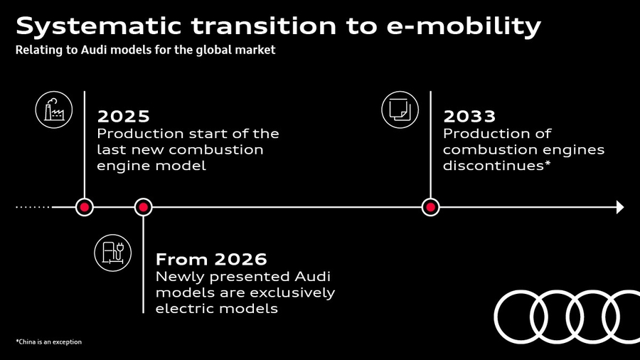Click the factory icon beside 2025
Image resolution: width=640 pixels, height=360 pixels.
click(x=54, y=110)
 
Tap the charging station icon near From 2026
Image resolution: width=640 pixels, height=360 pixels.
click(x=112, y=253)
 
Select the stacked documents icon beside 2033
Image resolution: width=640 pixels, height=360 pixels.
click(x=400, y=110)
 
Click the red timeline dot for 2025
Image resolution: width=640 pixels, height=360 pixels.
click(x=85, y=207)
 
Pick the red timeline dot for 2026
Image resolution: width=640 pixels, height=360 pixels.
click(x=143, y=207)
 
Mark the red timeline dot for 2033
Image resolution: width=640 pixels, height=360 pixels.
click(x=431, y=207)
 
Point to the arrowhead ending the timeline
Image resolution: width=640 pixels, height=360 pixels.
click(x=620, y=207)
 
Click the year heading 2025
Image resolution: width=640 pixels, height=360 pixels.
click(x=123, y=117)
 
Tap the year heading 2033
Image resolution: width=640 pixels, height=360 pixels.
click(x=469, y=117)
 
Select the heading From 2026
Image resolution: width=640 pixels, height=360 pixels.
click(x=211, y=259)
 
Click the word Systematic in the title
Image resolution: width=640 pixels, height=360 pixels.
click(x=98, y=26)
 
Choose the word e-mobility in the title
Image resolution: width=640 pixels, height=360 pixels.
click(x=464, y=26)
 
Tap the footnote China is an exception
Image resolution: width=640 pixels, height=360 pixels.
click(x=48, y=342)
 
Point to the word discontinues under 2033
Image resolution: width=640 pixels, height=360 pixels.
click(x=497, y=165)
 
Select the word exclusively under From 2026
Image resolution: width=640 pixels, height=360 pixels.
click(x=292, y=293)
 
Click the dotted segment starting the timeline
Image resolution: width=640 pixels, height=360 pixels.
click(x=33, y=207)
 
